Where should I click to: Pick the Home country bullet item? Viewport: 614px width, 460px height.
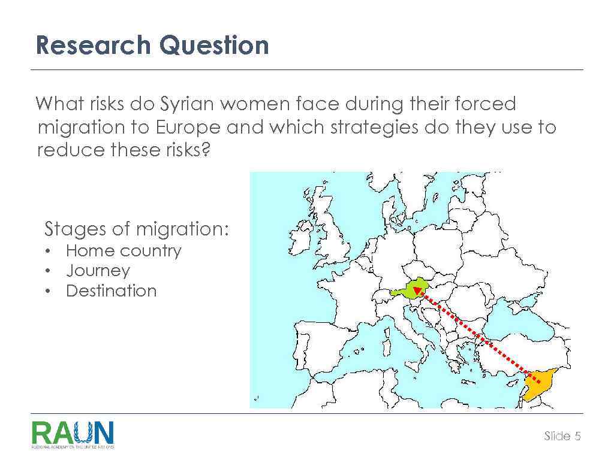123,250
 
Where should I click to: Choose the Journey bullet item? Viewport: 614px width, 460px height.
98,271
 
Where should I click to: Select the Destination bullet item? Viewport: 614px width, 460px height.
111,291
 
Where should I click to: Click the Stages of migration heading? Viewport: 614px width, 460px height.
137,229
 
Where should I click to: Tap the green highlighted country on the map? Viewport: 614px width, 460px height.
420,291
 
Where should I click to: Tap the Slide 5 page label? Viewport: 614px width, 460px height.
562,436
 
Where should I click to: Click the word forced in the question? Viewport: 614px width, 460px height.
486,104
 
